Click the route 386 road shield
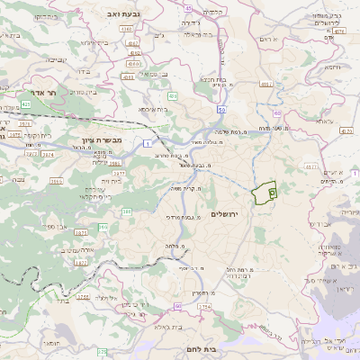pos(127,211)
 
